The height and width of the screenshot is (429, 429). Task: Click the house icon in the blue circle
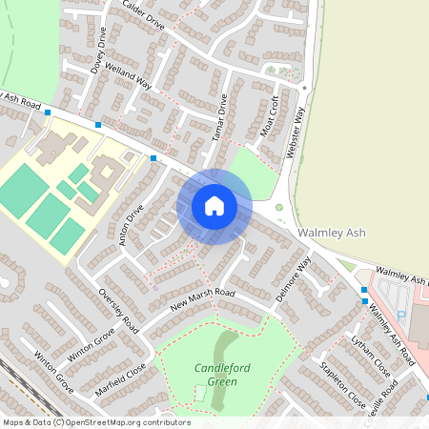[214, 206]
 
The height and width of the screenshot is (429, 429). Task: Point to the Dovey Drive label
[98, 51]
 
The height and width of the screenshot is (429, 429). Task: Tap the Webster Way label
[296, 133]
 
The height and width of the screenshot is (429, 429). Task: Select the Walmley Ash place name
[331, 232]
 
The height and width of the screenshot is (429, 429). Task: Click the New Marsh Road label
[202, 300]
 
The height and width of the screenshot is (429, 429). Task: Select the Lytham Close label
[370, 355]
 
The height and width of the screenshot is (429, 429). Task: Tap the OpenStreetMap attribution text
[95, 422]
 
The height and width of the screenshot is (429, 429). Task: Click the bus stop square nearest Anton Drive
[153, 158]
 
